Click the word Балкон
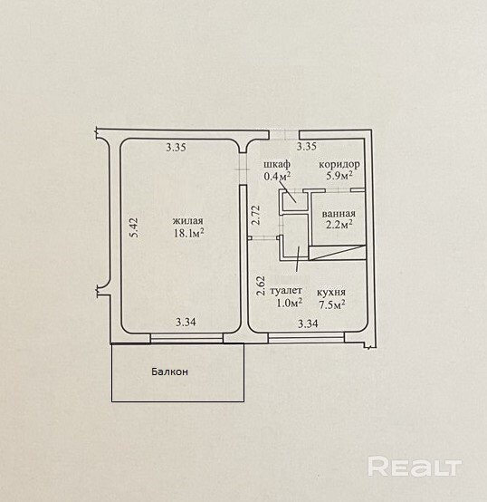(169, 372)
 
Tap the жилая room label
(188, 221)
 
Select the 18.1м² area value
(188, 233)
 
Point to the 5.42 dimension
(134, 227)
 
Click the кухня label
(331, 292)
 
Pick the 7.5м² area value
(332, 304)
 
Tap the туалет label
(286, 290)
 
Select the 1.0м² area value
(290, 303)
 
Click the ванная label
(339, 214)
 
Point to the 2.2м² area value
(339, 225)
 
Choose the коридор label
(339, 165)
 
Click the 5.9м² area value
(339, 176)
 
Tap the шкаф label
(277, 164)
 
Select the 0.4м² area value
(277, 176)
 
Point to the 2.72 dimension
(256, 215)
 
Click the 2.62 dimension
(262, 285)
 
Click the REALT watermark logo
(415, 467)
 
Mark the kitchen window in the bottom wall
(306, 338)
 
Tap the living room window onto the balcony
(186, 338)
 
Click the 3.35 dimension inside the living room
(176, 148)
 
